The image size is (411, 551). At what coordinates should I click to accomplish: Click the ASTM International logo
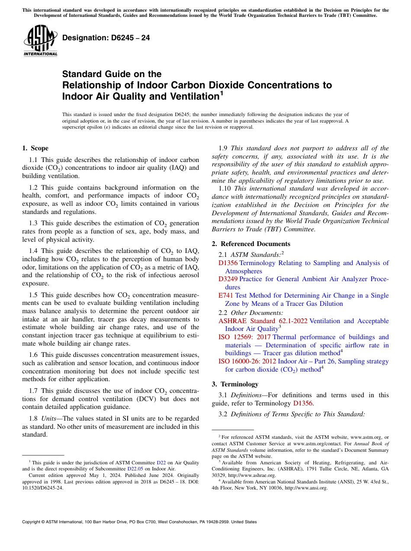[40, 41]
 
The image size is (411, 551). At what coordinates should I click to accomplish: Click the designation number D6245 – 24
[106, 38]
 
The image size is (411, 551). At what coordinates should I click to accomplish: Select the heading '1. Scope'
[35, 148]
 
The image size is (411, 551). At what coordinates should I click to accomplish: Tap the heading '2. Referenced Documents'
[251, 243]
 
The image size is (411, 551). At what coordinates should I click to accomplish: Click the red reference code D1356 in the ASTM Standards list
[228, 263]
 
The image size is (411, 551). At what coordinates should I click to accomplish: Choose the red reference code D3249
[228, 279]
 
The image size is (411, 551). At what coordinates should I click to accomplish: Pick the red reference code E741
[226, 295]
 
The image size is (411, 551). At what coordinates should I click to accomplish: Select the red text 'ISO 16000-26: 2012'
[247, 361]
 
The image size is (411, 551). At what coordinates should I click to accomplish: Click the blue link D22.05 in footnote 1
[135, 469]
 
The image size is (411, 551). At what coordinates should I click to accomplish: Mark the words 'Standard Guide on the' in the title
[112, 74]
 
